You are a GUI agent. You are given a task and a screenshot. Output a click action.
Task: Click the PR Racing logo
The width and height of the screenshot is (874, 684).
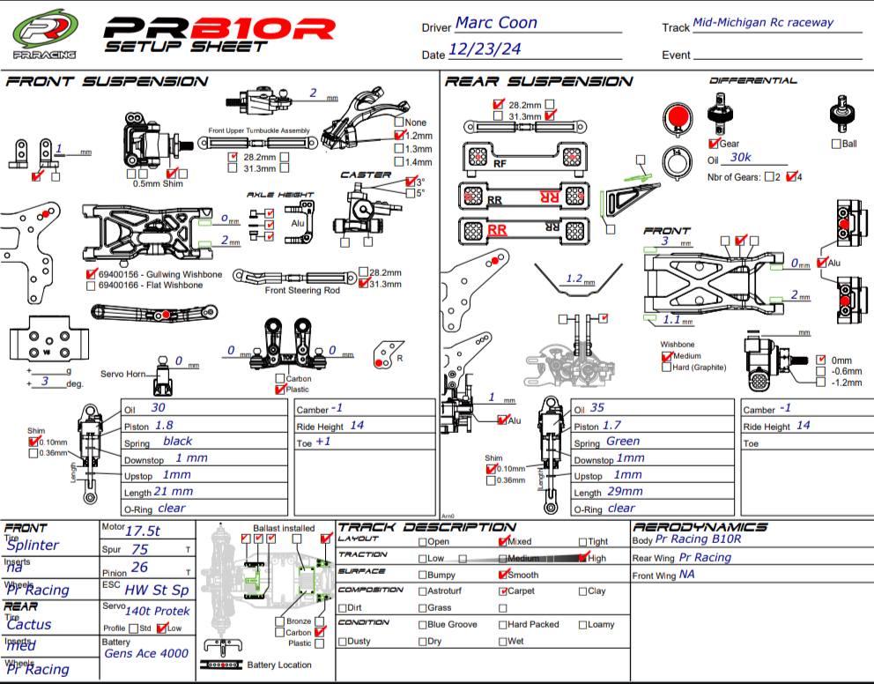44,35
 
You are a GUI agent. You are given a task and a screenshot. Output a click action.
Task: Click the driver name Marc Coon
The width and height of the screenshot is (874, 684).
496,24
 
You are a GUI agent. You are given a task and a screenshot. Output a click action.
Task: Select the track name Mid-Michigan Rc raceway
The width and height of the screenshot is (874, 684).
763,23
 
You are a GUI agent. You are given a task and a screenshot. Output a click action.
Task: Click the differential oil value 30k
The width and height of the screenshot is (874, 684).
741,158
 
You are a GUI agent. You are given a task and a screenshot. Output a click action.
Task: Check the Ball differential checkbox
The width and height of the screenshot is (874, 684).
836,144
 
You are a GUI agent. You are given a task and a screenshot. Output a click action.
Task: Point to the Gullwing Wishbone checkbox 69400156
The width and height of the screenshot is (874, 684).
92,275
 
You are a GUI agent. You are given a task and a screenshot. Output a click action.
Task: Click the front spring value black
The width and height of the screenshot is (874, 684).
178,441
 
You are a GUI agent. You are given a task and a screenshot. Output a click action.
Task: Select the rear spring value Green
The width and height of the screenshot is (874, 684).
623,441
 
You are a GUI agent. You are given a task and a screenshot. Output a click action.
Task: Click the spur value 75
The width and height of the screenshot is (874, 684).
140,549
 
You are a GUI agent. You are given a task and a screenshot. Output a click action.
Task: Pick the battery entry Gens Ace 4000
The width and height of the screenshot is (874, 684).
146,653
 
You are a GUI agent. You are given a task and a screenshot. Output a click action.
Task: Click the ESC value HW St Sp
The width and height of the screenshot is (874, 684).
157,590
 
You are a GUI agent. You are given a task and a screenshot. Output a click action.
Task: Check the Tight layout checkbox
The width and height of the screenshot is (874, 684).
582,542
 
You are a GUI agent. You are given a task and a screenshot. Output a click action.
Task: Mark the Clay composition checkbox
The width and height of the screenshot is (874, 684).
582,591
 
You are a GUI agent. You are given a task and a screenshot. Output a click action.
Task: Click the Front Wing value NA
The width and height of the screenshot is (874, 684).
687,574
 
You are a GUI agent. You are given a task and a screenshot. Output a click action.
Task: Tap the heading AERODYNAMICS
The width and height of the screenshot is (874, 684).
700,527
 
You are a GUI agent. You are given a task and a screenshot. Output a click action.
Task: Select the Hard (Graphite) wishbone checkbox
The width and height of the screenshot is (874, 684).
666,368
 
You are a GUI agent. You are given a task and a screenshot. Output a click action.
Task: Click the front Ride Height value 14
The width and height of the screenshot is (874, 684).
356,425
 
